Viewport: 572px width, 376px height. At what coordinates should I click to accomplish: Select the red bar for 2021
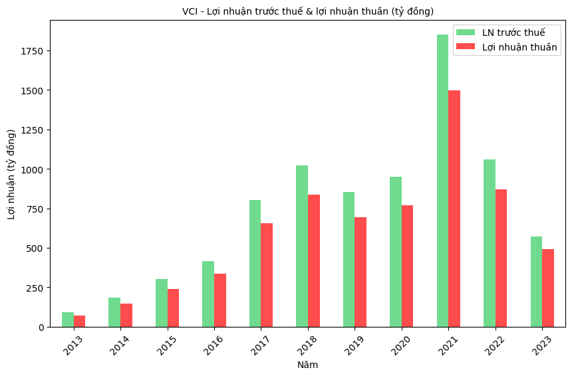click(x=454, y=209)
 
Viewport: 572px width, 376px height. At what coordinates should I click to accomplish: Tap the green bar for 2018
click(x=302, y=246)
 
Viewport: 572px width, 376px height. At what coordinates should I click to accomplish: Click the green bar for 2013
click(x=67, y=320)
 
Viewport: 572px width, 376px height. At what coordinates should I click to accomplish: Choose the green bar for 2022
click(x=490, y=243)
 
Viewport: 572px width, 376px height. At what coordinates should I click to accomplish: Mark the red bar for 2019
click(x=360, y=272)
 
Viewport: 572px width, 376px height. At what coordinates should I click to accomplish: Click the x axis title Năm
click(x=308, y=365)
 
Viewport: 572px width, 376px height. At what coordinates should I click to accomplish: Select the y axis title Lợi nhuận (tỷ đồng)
click(x=11, y=174)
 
